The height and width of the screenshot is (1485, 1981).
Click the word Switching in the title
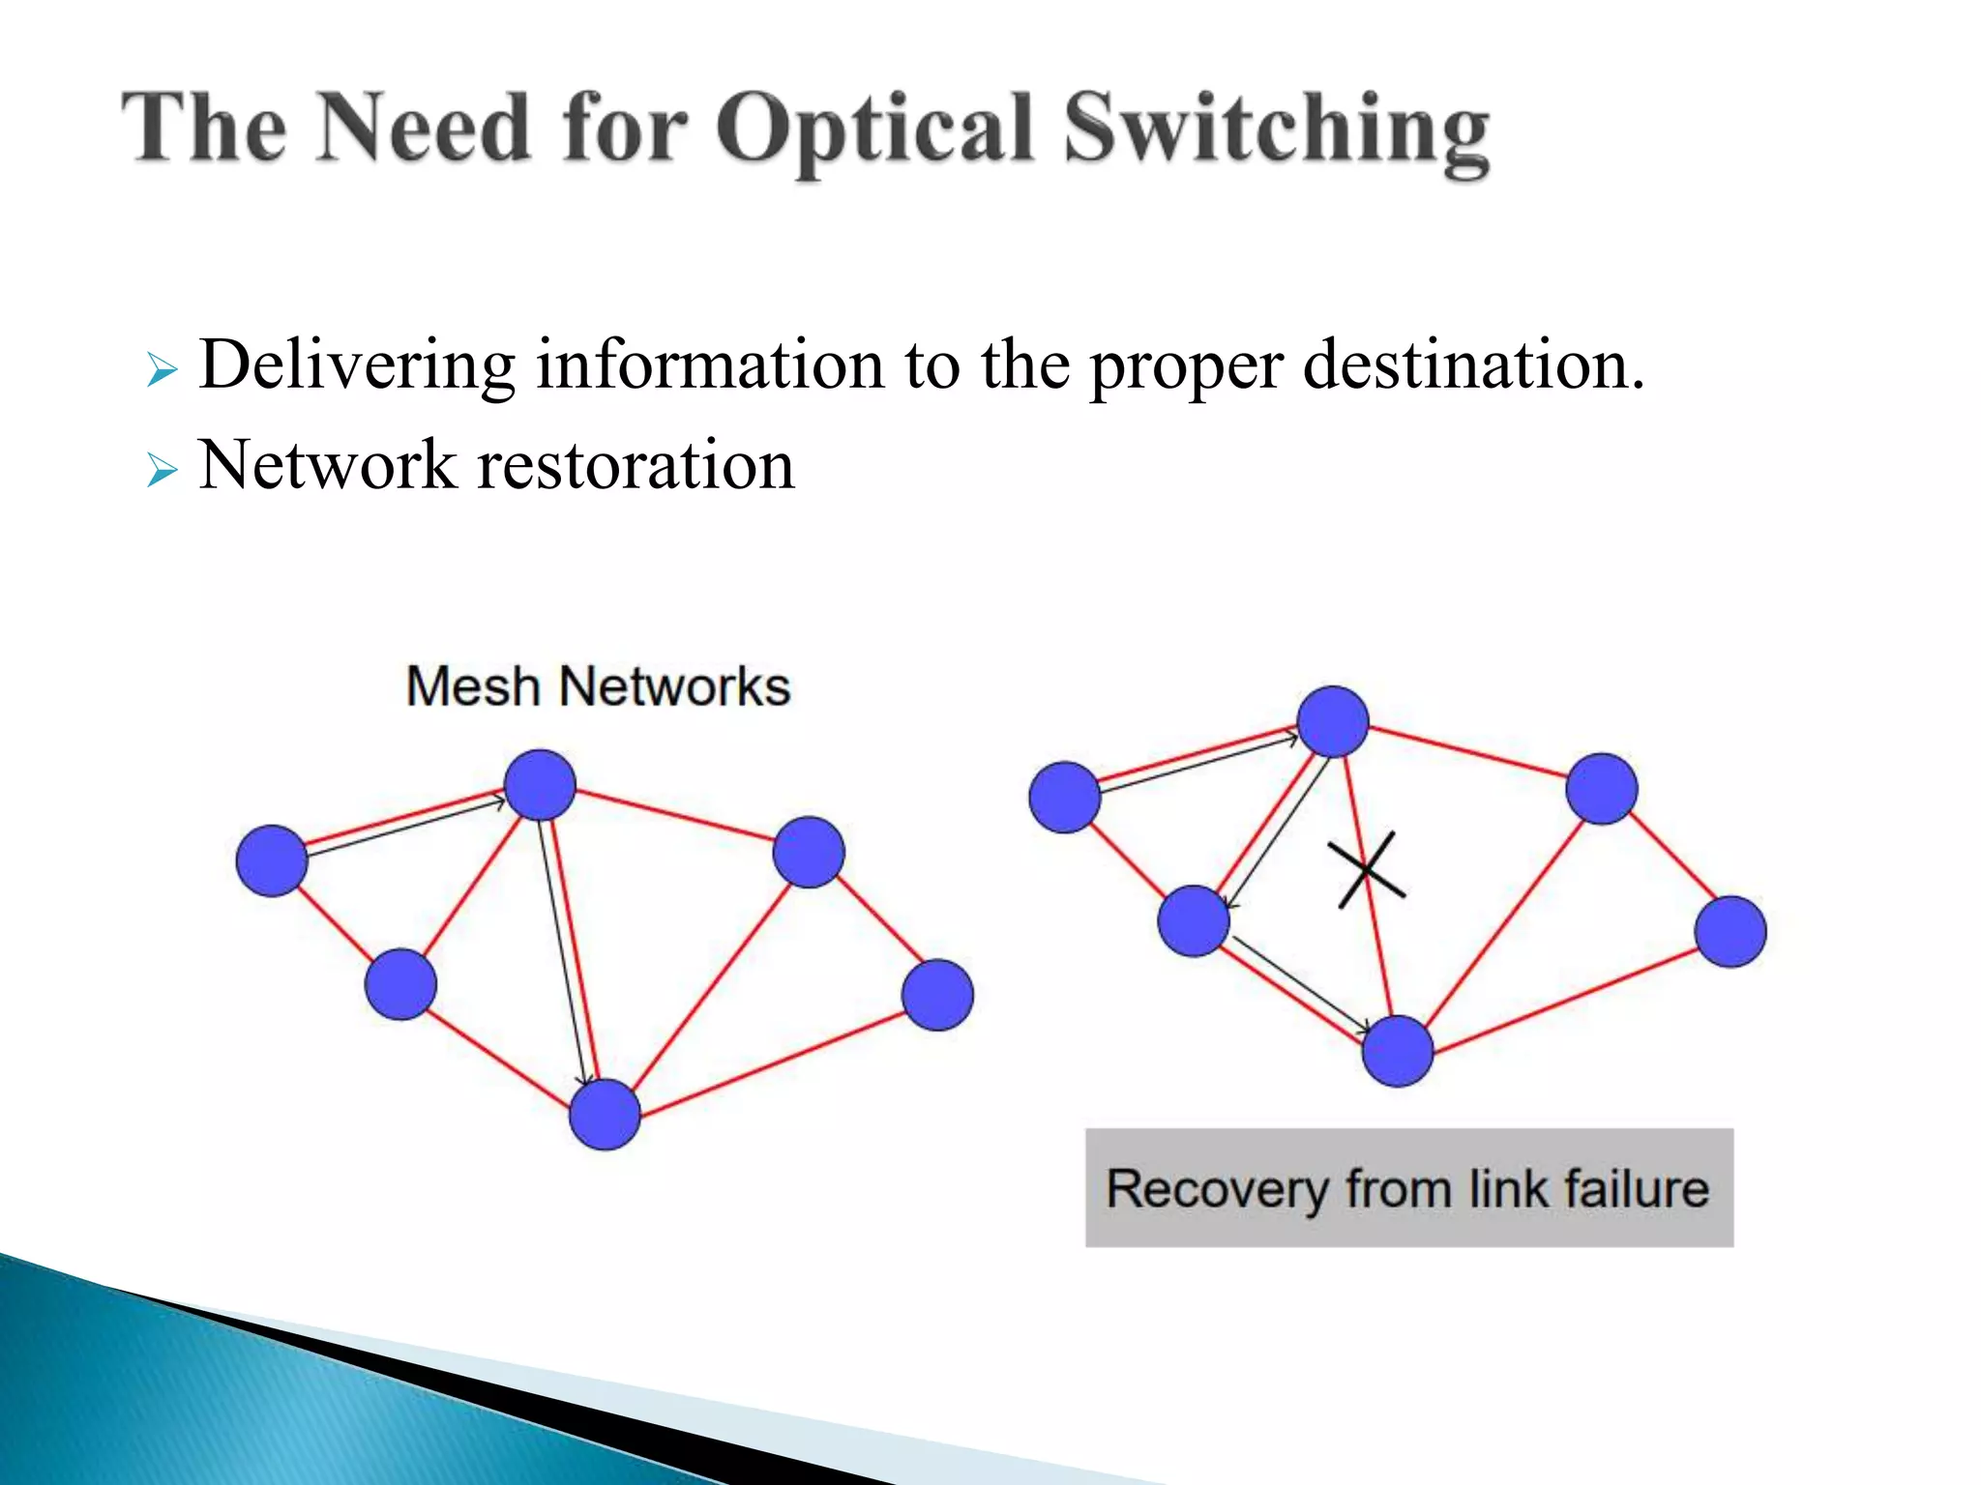pyautogui.click(x=1277, y=131)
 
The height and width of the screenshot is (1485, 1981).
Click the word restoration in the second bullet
pyautogui.click(x=636, y=466)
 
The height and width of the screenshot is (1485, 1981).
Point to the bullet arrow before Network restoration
pyautogui.click(x=163, y=472)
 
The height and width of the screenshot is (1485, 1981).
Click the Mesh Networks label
pyautogui.click(x=598, y=687)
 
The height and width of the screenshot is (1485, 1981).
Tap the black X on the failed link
pyautogui.click(x=1365, y=870)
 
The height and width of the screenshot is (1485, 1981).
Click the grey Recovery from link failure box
pyautogui.click(x=1408, y=1187)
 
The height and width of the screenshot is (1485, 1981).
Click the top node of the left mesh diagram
pyautogui.click(x=540, y=785)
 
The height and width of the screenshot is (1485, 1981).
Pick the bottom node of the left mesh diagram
pyautogui.click(x=605, y=1115)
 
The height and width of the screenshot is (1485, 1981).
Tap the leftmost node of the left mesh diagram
pyautogui.click(x=272, y=860)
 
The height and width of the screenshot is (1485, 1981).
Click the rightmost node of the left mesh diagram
pyautogui.click(x=937, y=994)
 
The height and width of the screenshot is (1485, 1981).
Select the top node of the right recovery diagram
pyautogui.click(x=1333, y=721)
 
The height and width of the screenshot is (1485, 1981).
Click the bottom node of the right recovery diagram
pyautogui.click(x=1397, y=1051)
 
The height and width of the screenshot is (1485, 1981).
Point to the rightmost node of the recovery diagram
pyautogui.click(x=1730, y=931)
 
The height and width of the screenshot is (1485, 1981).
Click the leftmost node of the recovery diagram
pyautogui.click(x=1064, y=797)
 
